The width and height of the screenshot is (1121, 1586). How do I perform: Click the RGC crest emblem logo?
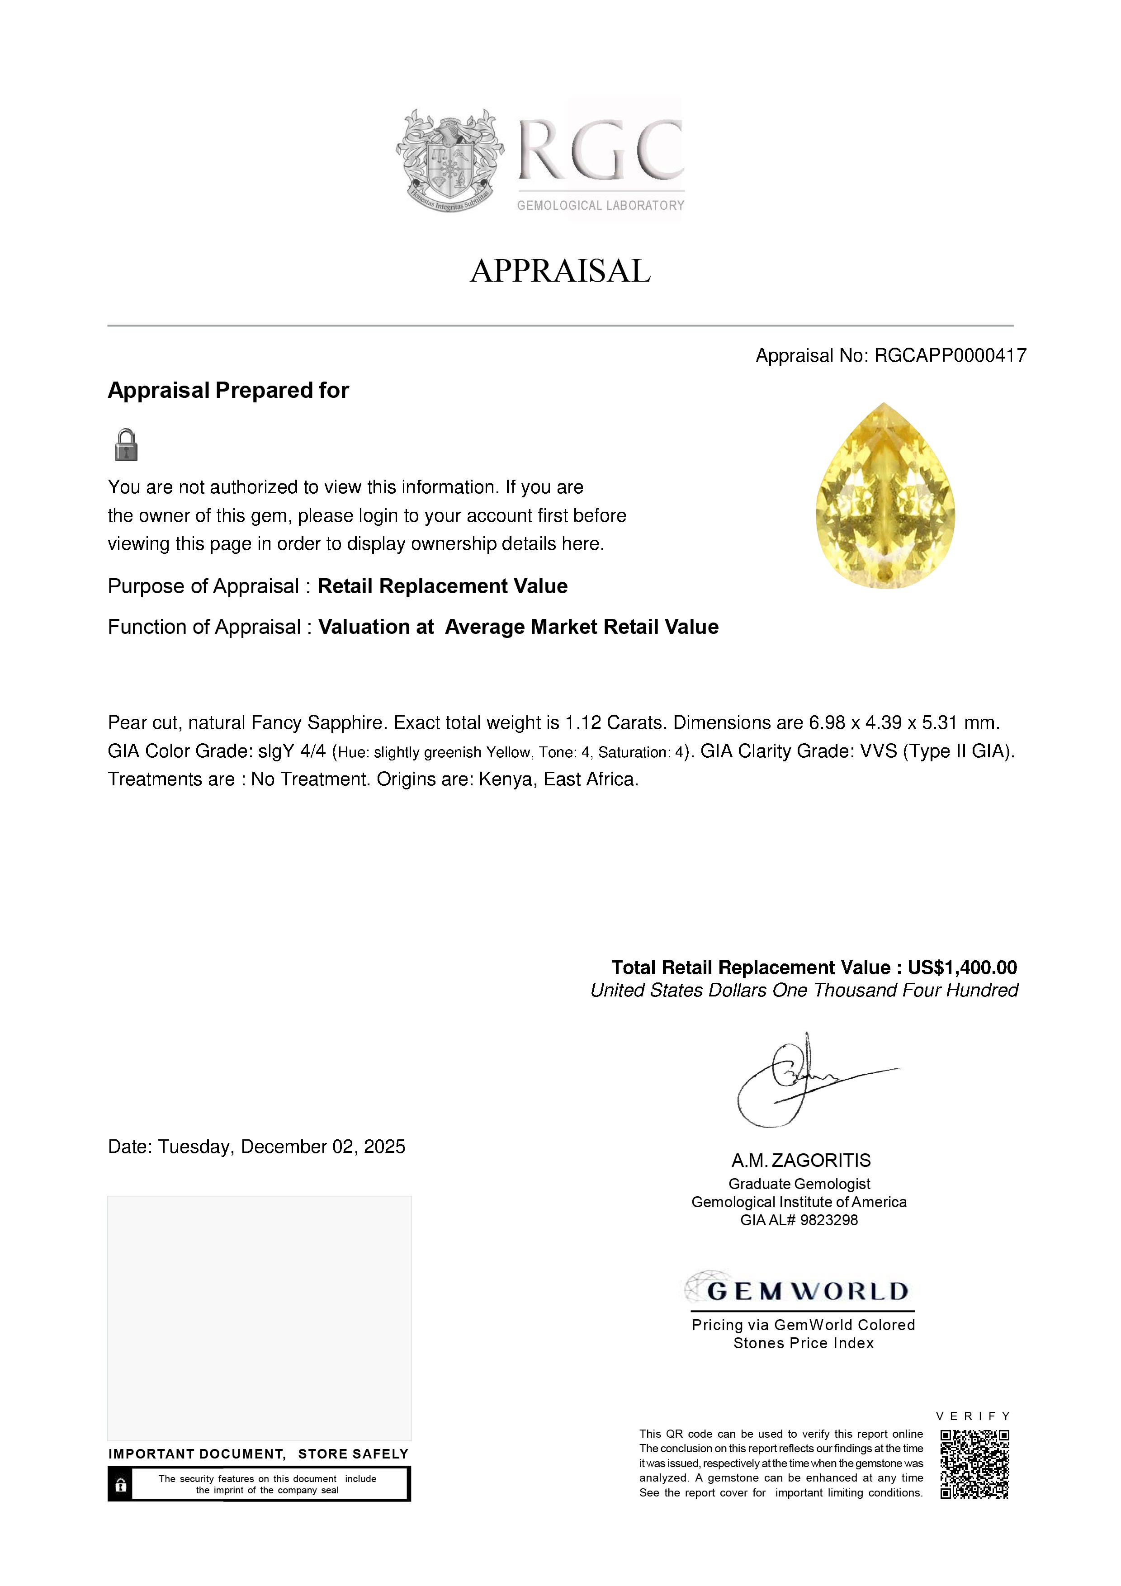[x=449, y=160]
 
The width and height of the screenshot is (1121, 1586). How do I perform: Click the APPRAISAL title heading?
[x=560, y=271]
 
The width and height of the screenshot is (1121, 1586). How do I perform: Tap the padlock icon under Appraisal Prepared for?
[x=126, y=445]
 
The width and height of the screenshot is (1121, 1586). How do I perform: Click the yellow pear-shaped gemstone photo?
[x=885, y=496]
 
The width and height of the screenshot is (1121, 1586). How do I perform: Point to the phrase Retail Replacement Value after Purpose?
[x=442, y=586]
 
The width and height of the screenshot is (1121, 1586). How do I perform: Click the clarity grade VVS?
[x=878, y=751]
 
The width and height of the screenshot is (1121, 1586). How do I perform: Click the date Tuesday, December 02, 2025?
[x=281, y=1147]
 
